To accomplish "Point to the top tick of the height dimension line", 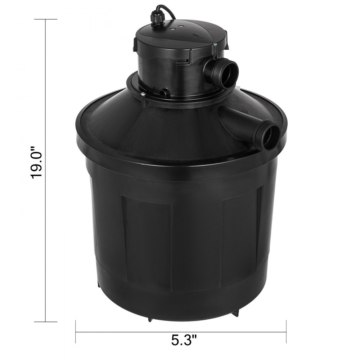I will pyautogui.click(x=45, y=19).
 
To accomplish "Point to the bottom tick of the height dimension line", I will pyautogui.click(x=45, y=321).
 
